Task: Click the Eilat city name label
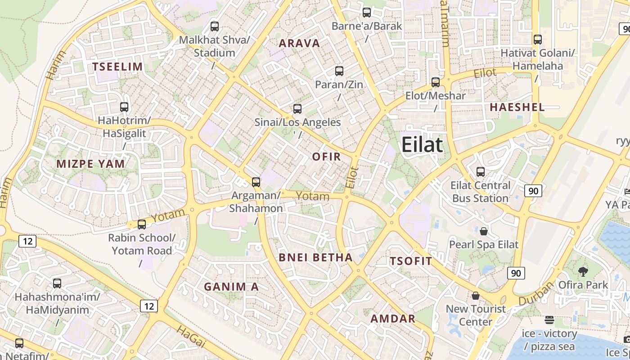[x=422, y=145]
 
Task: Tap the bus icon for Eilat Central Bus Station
[x=481, y=171]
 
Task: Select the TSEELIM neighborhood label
[x=117, y=67]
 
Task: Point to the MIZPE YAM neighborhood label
[x=90, y=164]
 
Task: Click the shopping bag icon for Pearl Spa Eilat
[x=484, y=231]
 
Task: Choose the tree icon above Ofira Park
[x=583, y=271]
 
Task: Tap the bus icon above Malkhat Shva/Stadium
[x=215, y=26]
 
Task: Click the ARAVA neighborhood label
[x=299, y=43]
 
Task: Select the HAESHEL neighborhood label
[x=517, y=107]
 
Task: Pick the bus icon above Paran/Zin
[x=339, y=71]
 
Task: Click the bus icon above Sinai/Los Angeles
[x=297, y=108]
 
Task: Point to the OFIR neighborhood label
[x=326, y=157]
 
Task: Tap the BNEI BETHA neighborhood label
[x=315, y=257]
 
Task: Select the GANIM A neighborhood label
[x=231, y=287]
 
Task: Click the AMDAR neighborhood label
[x=393, y=319]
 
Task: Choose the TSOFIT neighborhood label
[x=411, y=261]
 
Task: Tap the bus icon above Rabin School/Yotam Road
[x=142, y=224]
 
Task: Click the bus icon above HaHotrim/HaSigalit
[x=124, y=107]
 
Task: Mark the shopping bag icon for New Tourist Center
[x=476, y=296]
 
